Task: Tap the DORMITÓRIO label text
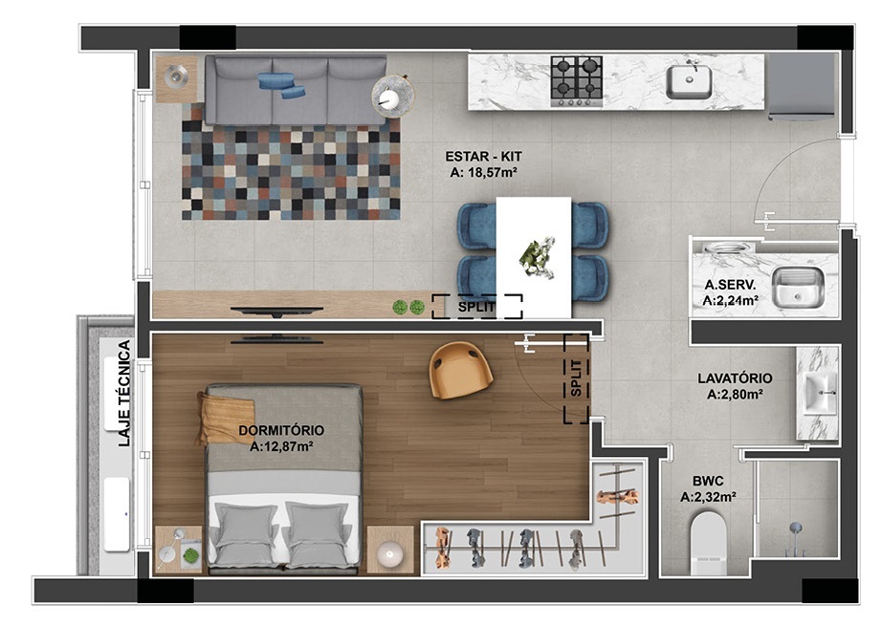[280, 438]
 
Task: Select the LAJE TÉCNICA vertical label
[123, 394]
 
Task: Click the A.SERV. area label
[731, 292]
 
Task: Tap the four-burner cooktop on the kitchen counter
[577, 80]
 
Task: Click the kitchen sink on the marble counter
[689, 81]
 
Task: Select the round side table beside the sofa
[392, 96]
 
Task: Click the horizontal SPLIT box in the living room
[476, 306]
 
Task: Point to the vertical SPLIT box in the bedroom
[575, 378]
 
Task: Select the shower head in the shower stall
[794, 528]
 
